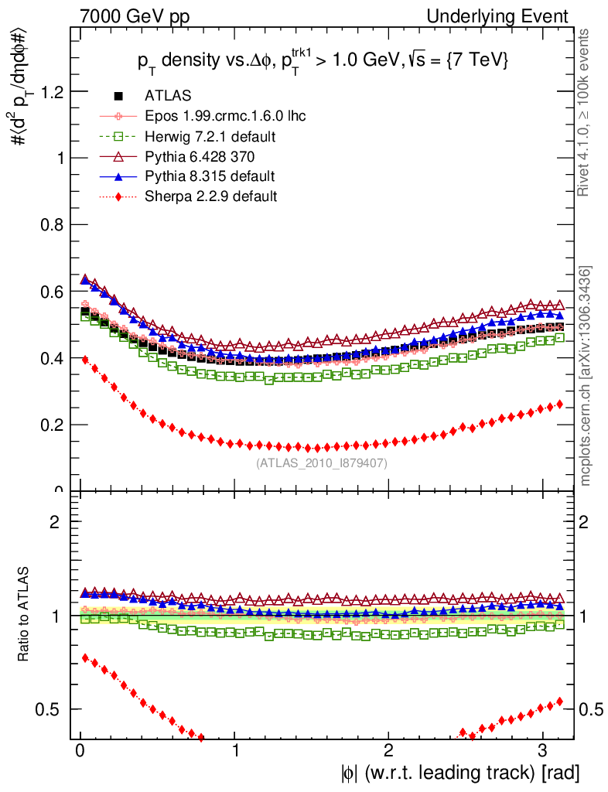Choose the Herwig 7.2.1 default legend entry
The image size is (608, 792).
point(210,136)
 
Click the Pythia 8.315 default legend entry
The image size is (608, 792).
point(210,176)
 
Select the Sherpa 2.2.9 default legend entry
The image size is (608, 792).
point(210,196)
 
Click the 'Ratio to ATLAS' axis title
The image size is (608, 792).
point(25,615)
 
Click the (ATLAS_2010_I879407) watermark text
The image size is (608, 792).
point(321,463)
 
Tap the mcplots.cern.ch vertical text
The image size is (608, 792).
point(586,377)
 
